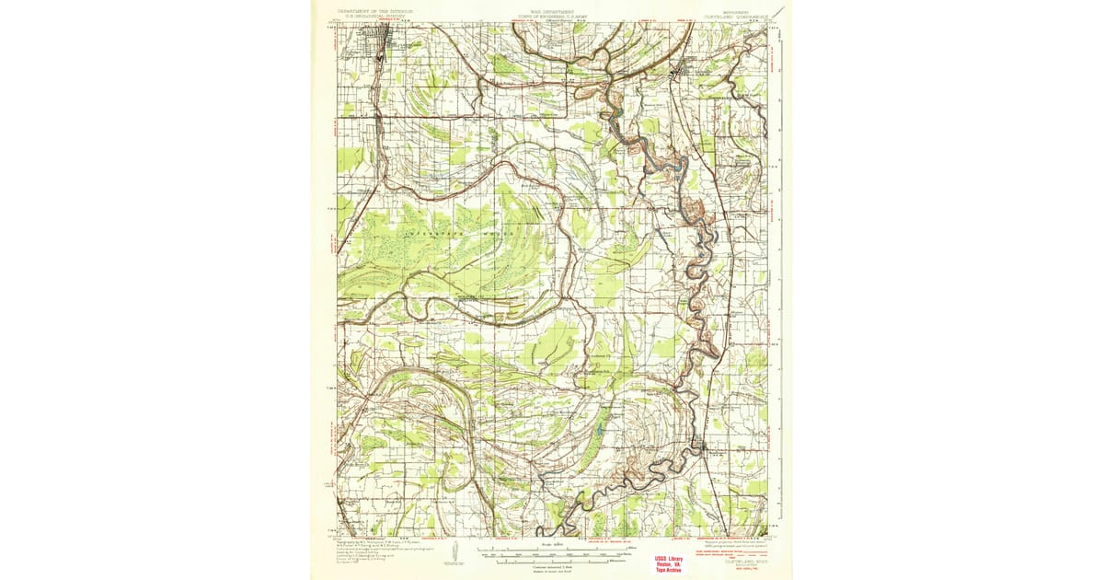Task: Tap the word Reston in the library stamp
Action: click(x=671, y=564)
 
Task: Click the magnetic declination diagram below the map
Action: click(x=453, y=552)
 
